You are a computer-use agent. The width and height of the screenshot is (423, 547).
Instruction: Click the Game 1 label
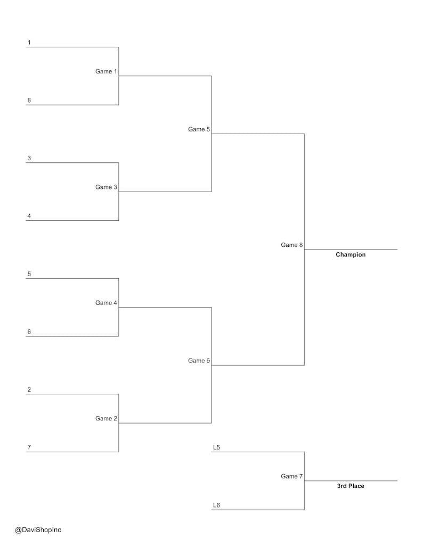point(106,71)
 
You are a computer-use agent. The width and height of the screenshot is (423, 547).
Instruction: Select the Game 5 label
point(199,129)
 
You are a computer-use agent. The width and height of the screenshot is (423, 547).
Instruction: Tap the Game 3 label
point(106,187)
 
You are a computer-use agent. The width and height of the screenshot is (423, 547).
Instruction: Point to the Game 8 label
point(291,245)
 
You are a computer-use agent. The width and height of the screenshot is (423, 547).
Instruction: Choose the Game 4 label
point(106,303)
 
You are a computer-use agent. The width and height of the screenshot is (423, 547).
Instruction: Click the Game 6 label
point(199,361)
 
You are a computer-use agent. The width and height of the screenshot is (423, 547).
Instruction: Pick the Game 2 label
point(106,418)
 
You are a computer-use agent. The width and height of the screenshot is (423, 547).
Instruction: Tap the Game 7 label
point(291,476)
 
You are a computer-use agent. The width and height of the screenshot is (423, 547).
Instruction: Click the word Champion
point(351,255)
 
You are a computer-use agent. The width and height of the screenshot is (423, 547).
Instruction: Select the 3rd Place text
point(351,486)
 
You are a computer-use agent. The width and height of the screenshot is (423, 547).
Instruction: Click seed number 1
point(29,42)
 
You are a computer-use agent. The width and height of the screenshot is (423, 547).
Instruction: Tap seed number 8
point(29,100)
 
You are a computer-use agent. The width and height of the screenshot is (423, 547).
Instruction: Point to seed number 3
point(29,158)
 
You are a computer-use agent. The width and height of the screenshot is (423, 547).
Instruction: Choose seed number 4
point(29,216)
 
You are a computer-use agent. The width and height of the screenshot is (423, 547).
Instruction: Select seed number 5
point(29,274)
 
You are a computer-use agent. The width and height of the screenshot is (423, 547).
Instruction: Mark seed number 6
point(29,331)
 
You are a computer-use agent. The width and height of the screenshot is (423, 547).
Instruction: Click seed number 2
point(29,389)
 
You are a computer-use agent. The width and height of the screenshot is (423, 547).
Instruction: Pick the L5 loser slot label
point(216,447)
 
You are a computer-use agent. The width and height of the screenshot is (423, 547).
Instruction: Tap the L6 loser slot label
point(216,505)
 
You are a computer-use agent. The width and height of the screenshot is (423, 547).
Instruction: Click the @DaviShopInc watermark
point(38,530)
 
